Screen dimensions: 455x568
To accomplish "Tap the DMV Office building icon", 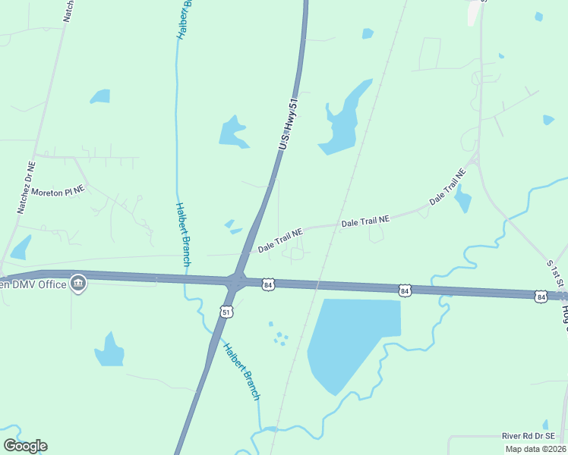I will pyautogui.click(x=77, y=284).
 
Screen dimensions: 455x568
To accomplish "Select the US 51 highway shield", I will pyautogui.click(x=226, y=310).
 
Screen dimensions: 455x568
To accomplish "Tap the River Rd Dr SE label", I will pyautogui.click(x=533, y=436).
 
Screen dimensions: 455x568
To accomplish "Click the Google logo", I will pyautogui.click(x=25, y=445).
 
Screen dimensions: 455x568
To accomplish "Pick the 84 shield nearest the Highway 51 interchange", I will pyautogui.click(x=267, y=284).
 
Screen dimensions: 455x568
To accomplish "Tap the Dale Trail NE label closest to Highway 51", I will pyautogui.click(x=279, y=240).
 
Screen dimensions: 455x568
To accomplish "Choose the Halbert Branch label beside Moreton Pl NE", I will pyautogui.click(x=183, y=234).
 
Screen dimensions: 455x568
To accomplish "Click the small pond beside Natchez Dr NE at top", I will pyautogui.click(x=99, y=96).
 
